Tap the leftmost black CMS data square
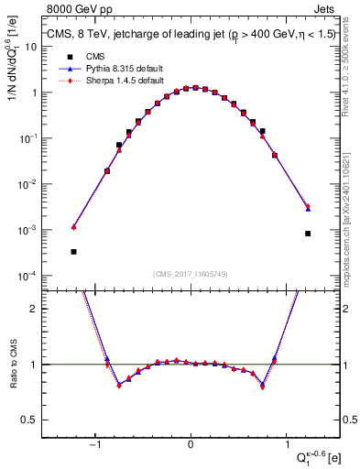click(73, 251)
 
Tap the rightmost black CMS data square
click(308, 234)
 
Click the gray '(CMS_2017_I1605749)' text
click(191, 274)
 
